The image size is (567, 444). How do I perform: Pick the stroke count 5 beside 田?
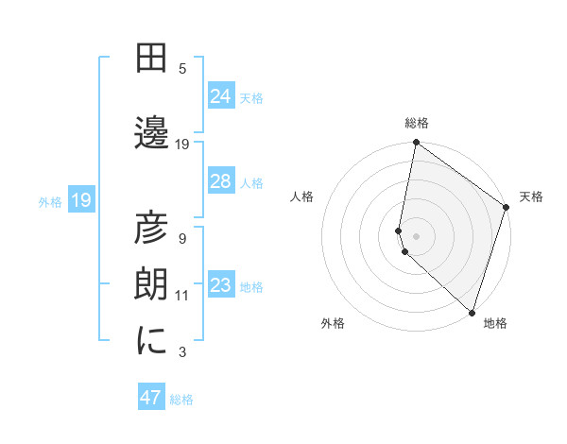pos(182,69)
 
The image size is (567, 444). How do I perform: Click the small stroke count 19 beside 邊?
pos(182,145)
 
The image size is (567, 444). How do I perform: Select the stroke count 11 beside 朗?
pos(182,296)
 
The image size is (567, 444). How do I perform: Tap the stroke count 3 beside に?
pos(182,352)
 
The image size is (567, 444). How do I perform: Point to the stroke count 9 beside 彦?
pos(182,238)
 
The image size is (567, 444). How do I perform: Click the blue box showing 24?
pos(220,95)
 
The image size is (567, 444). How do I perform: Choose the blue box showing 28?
pos(220,180)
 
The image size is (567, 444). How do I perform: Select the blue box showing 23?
pos(220,284)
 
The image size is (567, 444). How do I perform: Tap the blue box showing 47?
pos(151,398)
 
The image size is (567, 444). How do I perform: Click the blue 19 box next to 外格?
pos(80,199)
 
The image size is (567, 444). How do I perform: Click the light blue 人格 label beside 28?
pos(251,182)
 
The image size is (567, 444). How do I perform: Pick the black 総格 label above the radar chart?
pos(417,123)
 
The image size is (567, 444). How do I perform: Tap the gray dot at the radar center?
pos(417,233)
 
